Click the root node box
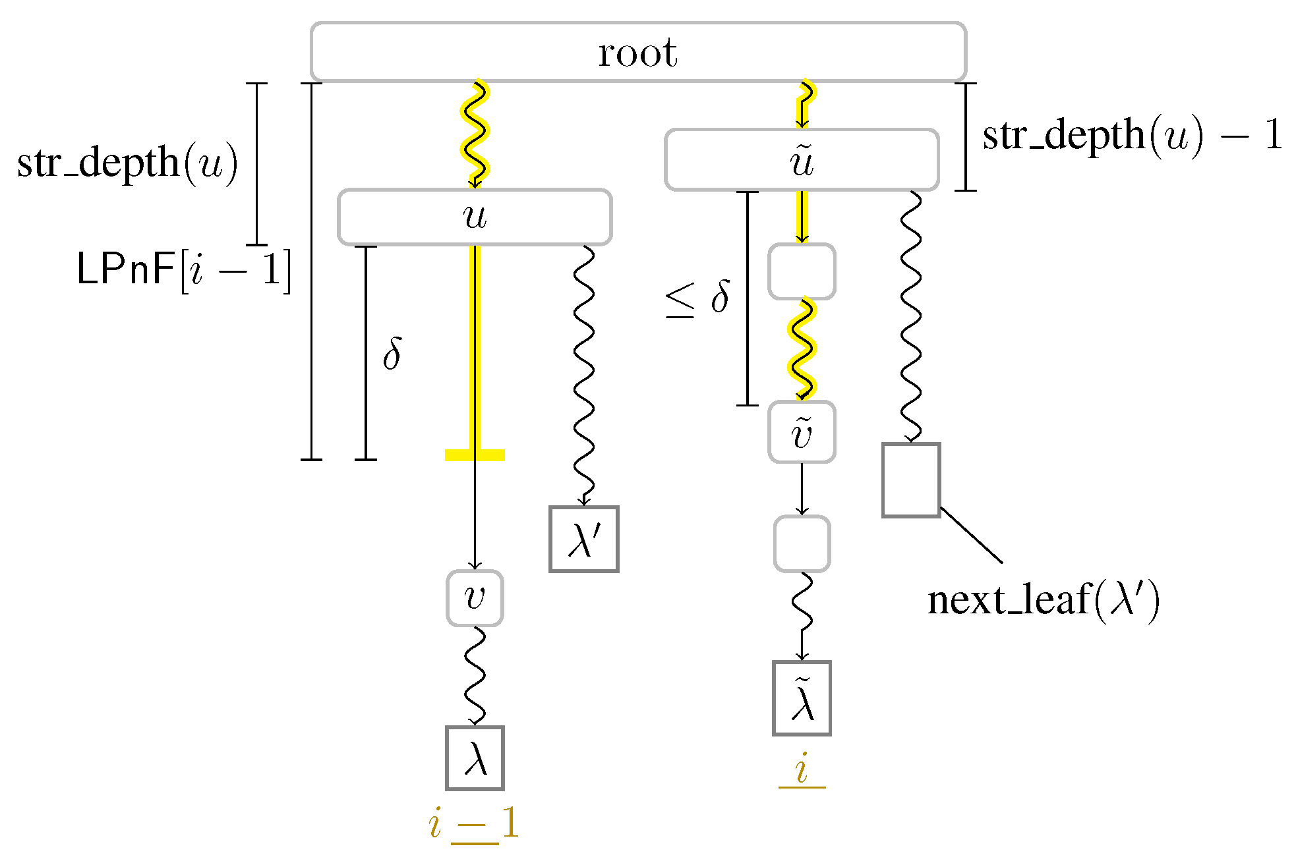tap(638, 52)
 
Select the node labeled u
tap(475, 217)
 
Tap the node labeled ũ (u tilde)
tap(802, 160)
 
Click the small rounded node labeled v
tap(475, 598)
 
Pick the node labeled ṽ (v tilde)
tap(802, 432)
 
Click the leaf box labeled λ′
tap(584, 539)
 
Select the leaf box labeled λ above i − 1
tap(475, 758)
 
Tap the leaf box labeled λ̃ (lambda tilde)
tap(802, 698)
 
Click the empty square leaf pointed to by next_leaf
tap(911, 480)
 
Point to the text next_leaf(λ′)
tap(1044, 600)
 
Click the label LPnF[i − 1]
tap(183, 270)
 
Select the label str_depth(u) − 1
tap(1132, 135)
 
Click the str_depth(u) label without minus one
tap(127, 163)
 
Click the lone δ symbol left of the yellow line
tap(392, 354)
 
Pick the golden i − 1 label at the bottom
tap(473, 823)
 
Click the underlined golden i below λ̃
tap(802, 769)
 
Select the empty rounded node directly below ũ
tap(802, 271)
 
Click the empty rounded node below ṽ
tap(802, 543)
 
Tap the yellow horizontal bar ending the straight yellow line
tap(475, 455)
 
